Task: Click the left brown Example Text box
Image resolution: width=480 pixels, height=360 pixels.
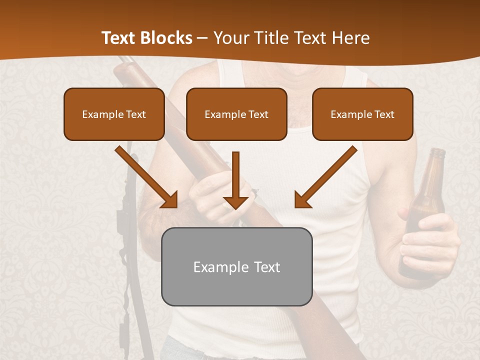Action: pos(114,114)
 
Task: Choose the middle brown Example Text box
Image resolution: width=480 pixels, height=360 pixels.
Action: pos(236,114)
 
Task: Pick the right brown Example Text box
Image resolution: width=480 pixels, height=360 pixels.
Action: pos(362,114)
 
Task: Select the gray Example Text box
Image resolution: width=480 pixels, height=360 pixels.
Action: pos(236,266)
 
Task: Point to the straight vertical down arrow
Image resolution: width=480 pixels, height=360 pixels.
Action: pos(235,180)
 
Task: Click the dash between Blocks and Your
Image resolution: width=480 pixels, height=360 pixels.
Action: pos(202,38)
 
